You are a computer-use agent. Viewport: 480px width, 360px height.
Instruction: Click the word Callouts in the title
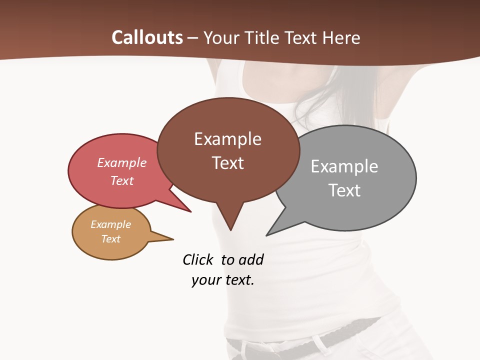click(x=147, y=37)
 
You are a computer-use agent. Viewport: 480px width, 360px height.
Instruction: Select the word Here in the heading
click(x=341, y=37)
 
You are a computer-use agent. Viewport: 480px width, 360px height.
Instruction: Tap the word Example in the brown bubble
click(x=227, y=139)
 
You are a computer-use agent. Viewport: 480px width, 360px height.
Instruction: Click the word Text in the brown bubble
click(x=227, y=163)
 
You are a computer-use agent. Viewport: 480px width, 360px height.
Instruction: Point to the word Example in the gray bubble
click(x=344, y=166)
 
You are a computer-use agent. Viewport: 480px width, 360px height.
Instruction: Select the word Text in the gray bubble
click(x=344, y=190)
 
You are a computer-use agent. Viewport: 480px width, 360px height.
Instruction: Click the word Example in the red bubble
click(x=122, y=162)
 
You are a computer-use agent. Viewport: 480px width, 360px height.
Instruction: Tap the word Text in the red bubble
click(x=122, y=180)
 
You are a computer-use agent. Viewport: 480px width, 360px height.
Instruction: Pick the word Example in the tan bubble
click(x=110, y=224)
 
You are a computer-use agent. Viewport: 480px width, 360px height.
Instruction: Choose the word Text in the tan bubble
click(x=110, y=239)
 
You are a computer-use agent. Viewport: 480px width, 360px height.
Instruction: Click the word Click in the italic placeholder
click(x=197, y=259)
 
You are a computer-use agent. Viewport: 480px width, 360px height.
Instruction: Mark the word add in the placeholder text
click(x=251, y=259)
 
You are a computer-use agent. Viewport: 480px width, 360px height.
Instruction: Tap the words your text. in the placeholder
click(x=223, y=280)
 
